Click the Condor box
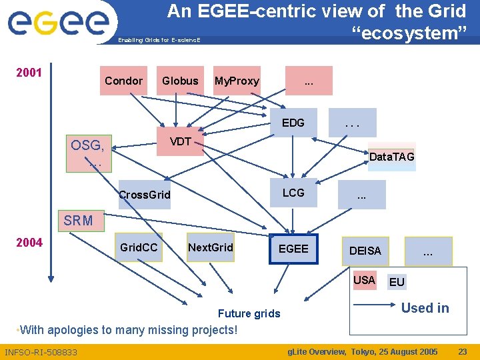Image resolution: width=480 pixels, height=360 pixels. click(124, 81)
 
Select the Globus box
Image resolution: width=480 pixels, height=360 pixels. click(180, 81)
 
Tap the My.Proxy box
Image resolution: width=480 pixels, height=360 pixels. click(237, 81)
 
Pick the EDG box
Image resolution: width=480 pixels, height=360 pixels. click(293, 123)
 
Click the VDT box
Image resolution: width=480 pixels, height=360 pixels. click(180, 141)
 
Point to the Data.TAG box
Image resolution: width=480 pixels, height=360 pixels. click(392, 157)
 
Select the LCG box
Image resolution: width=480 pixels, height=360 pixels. click(293, 193)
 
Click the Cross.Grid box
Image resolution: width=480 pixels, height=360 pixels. click(144, 195)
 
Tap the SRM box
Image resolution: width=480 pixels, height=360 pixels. click(79, 221)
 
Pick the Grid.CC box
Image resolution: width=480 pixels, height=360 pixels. click(139, 248)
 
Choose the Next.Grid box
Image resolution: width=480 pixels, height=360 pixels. click(211, 248)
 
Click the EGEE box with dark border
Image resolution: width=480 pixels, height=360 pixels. click(294, 249)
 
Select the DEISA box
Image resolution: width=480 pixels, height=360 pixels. click(366, 251)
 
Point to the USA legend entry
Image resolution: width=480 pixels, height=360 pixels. click(364, 280)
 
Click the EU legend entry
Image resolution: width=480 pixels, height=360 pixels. click(397, 282)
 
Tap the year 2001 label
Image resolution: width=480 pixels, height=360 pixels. click(29, 72)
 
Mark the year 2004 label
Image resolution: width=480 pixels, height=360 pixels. click(29, 242)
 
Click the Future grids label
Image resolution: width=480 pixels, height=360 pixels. click(249, 313)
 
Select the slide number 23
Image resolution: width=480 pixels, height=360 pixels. click(462, 351)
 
